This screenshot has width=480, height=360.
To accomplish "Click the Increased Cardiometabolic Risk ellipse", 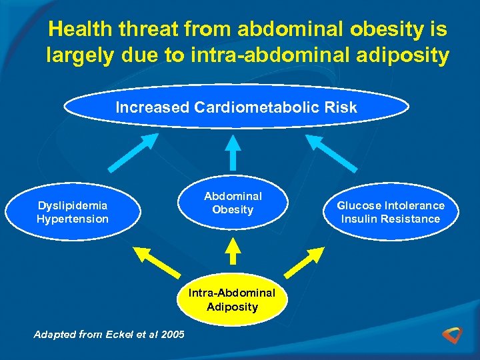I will (236, 107).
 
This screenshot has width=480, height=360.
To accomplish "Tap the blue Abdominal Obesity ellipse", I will (233, 203).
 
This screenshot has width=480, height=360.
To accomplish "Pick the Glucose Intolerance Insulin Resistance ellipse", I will (390, 212).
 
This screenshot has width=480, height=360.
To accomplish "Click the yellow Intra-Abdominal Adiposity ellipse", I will (232, 300).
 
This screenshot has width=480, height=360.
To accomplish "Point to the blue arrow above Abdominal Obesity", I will (233, 152).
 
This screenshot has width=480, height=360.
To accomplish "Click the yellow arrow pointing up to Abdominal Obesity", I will (233, 252).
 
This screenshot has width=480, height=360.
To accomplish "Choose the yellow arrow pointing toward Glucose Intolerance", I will (308, 261).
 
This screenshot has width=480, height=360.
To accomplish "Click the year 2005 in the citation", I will (173, 334).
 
